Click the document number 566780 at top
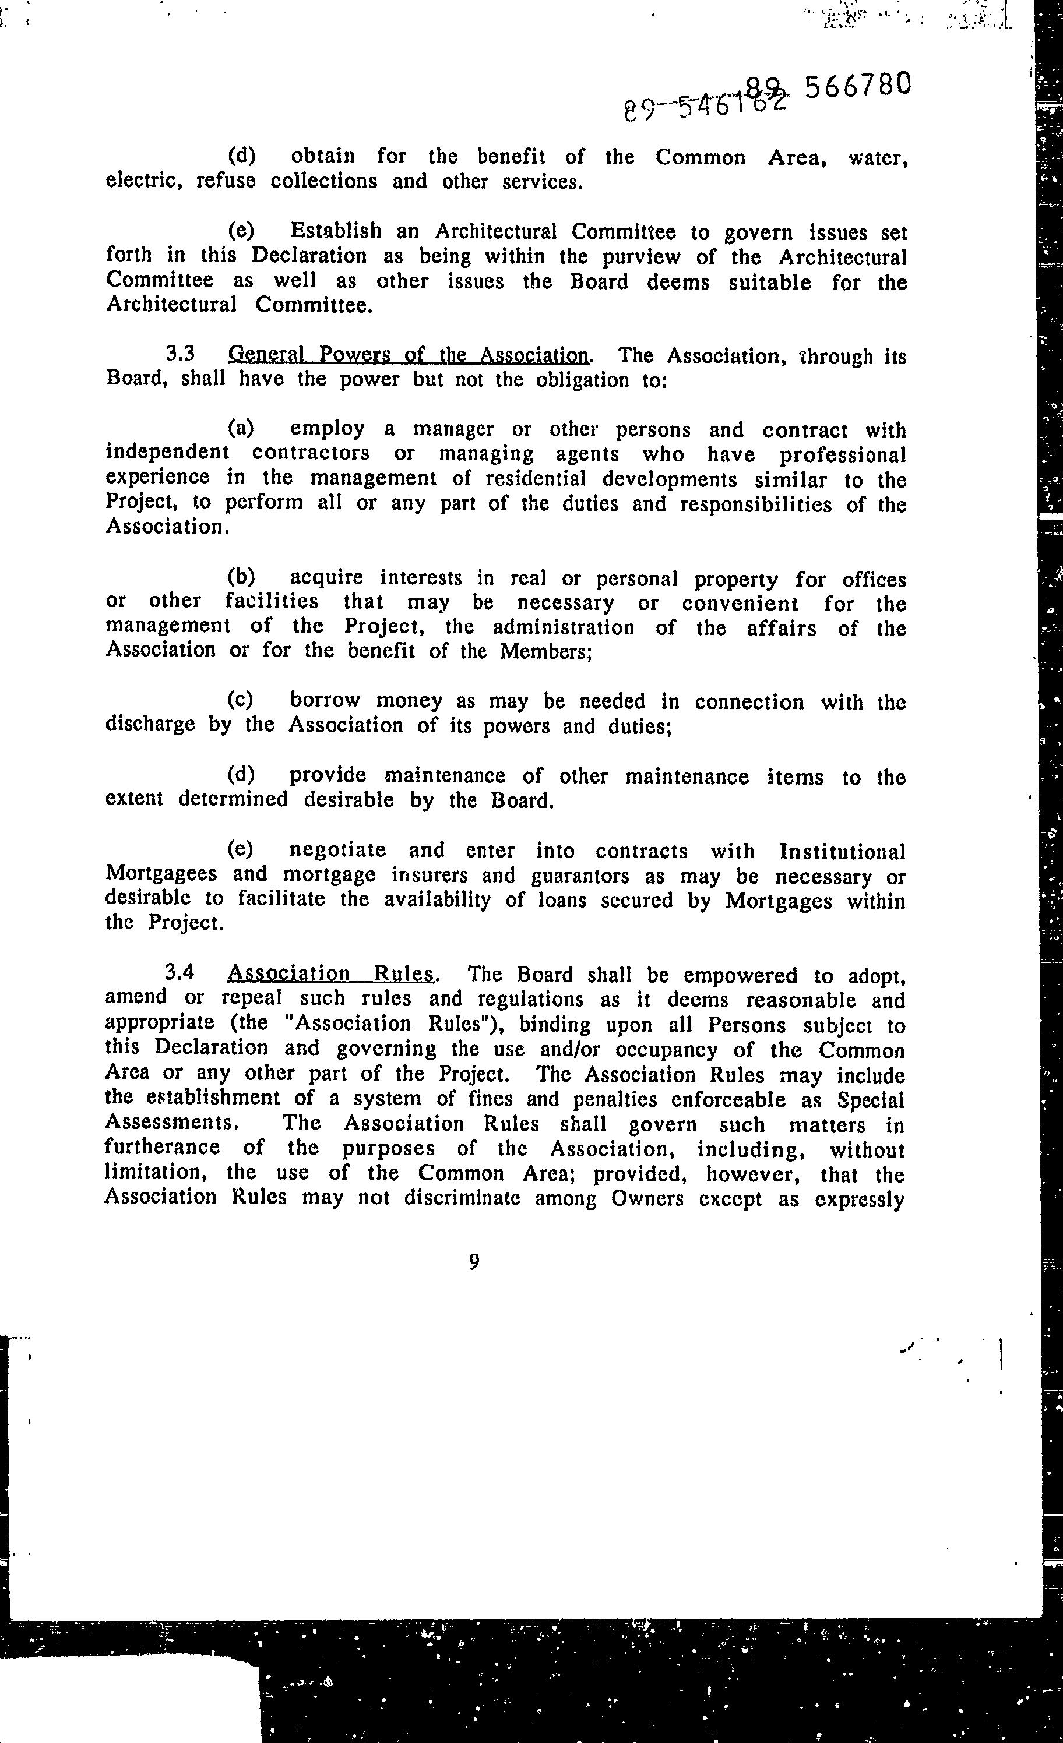click(856, 86)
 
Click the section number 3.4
click(179, 973)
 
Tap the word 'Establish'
click(336, 231)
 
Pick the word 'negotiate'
click(337, 849)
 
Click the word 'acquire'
click(326, 578)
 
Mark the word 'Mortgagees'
click(161, 874)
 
